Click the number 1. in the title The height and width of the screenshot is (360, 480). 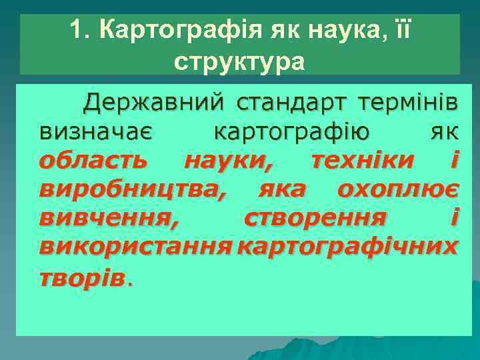click(80, 30)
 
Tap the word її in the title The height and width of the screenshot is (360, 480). click(398, 30)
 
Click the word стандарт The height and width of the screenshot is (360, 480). click(291, 103)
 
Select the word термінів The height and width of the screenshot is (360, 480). click(407, 103)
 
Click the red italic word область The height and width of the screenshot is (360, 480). click(92, 161)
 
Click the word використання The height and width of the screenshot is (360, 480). click(135, 247)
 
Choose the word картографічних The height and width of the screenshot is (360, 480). click(347, 247)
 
